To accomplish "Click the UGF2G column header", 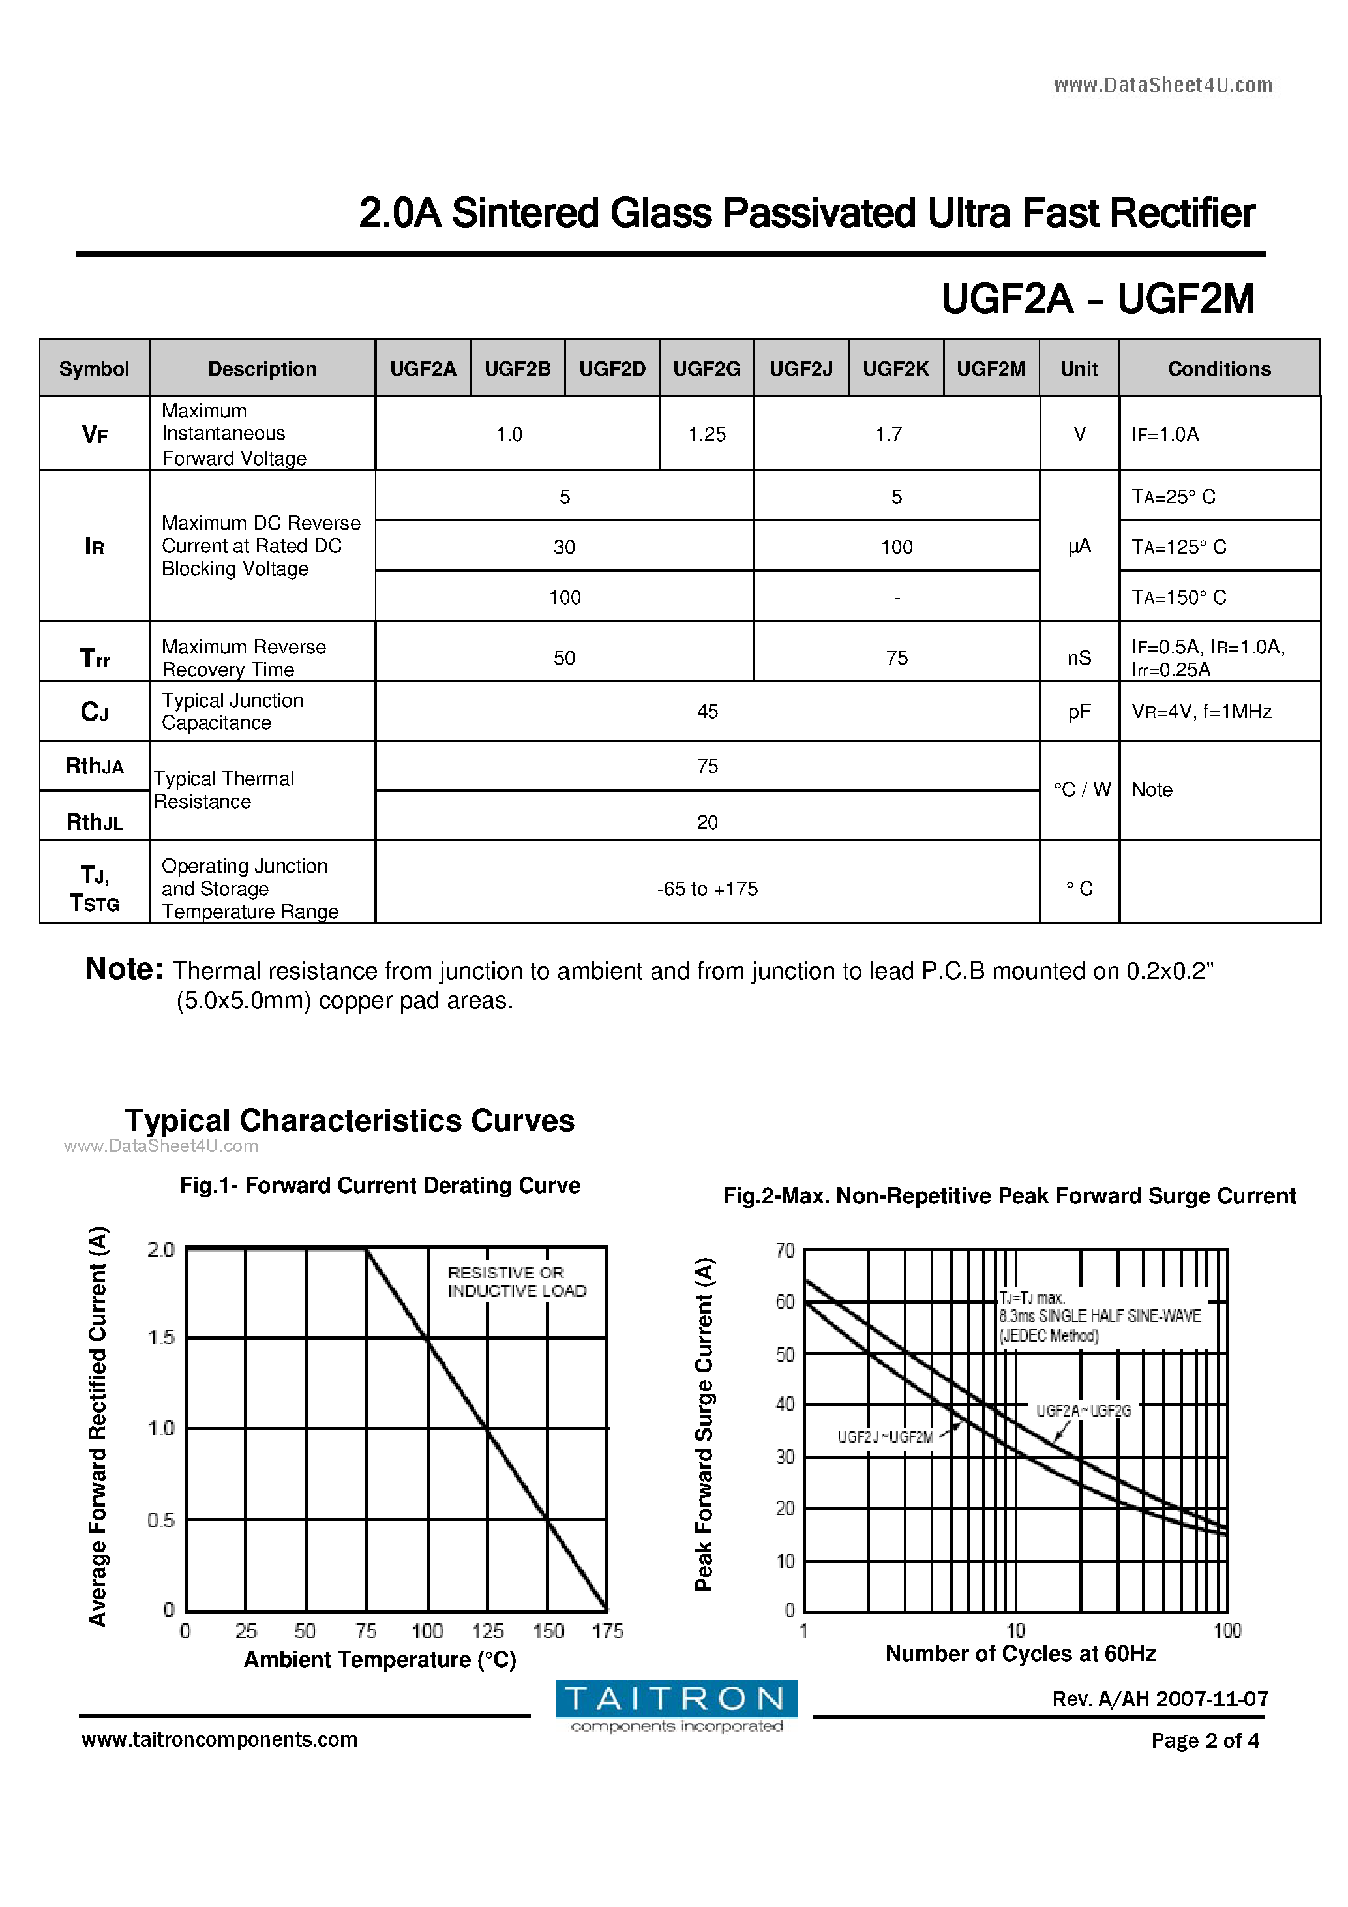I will (x=707, y=368).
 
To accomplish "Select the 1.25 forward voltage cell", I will (x=707, y=434).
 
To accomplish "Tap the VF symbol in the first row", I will (x=95, y=434).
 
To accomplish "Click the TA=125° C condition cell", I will (x=1178, y=547).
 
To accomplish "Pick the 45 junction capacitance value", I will (x=707, y=712).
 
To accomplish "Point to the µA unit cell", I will (x=1079, y=546).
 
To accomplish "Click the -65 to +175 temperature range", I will (x=707, y=889).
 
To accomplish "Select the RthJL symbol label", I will (x=95, y=822).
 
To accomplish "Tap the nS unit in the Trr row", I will (x=1079, y=658).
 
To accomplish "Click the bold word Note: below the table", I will (x=125, y=969).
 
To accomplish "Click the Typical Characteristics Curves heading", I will (x=350, y=1120).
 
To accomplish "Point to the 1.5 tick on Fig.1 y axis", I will (x=161, y=1337).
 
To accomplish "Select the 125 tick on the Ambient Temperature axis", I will (x=488, y=1631).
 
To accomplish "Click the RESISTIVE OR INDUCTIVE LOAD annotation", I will (x=517, y=1282).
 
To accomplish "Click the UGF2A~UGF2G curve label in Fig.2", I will (x=1083, y=1410).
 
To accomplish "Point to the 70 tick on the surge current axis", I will (x=785, y=1250).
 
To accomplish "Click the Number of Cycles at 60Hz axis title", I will (x=1020, y=1654).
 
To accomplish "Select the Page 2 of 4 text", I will (x=1205, y=1740).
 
